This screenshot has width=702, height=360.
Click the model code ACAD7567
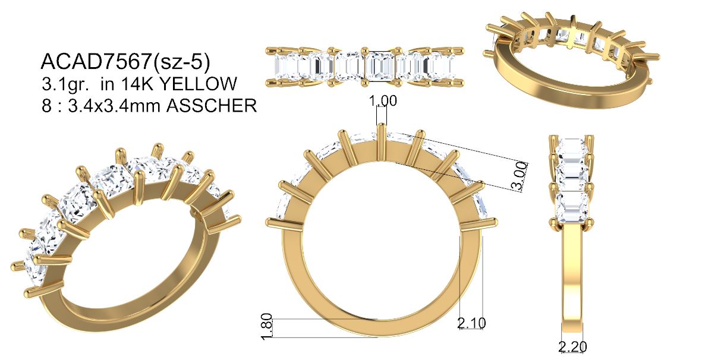[x=95, y=61]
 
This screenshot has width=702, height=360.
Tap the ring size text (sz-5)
[x=181, y=62]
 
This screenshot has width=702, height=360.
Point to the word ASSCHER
[x=212, y=106]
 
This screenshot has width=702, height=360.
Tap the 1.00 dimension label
[x=383, y=100]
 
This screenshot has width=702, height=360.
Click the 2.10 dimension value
[x=472, y=323]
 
